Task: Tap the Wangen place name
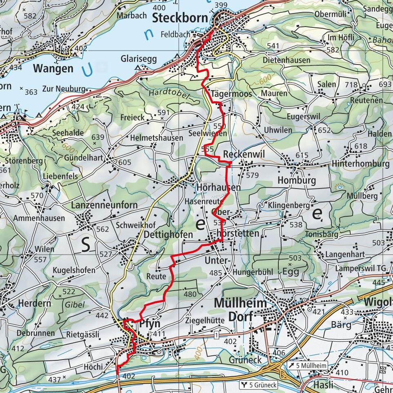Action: pyautogui.click(x=53, y=68)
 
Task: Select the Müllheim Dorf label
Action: pyautogui.click(x=240, y=310)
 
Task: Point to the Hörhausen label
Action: pyautogui.click(x=218, y=187)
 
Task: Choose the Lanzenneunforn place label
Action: pyautogui.click(x=104, y=205)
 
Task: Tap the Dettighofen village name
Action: pyautogui.click(x=168, y=235)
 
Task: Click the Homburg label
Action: pyautogui.click(x=297, y=180)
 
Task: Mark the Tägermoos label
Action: pyautogui.click(x=226, y=94)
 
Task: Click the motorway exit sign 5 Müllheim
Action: pyautogui.click(x=307, y=366)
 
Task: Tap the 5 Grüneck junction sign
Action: pyautogui.click(x=259, y=385)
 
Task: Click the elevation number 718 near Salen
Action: pyautogui.click(x=351, y=85)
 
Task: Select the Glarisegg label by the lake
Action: pyautogui.click(x=138, y=59)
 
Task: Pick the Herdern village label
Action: pyautogui.click(x=35, y=303)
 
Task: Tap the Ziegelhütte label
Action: pyautogui.click(x=205, y=321)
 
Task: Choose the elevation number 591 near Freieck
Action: pyautogui.click(x=163, y=113)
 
